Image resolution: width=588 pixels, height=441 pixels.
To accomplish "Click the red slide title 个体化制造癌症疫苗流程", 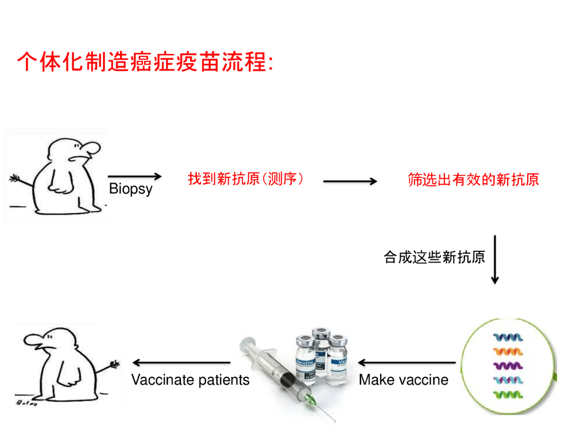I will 145,62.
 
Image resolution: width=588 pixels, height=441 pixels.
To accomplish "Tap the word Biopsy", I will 130,189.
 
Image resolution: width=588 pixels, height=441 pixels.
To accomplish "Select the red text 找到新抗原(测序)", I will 246,179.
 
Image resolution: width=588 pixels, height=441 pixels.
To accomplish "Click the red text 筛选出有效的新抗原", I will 473,180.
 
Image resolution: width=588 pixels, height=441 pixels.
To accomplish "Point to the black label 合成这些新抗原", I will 434,257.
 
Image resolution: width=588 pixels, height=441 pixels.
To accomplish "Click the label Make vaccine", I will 403,380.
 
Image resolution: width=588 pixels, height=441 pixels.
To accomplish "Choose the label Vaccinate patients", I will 190,380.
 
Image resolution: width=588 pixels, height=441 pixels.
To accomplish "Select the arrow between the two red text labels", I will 350,181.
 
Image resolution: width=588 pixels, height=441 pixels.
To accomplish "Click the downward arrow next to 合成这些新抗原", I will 494,260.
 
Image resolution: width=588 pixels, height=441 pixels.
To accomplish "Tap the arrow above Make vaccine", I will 407,363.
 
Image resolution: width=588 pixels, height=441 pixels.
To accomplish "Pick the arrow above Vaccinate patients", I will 181,363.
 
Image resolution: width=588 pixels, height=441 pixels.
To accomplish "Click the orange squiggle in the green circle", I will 508,351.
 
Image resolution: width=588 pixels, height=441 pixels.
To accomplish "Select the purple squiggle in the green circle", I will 508,365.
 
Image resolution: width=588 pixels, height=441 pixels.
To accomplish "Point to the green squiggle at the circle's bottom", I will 508,394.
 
